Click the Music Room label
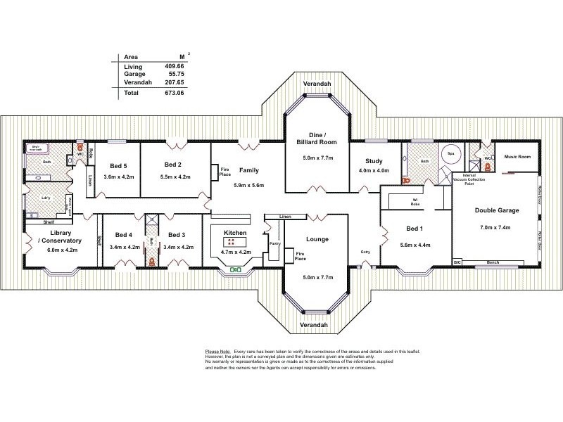click(x=518, y=157)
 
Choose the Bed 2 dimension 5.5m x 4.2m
click(x=176, y=177)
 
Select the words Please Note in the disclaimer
click(x=217, y=350)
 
